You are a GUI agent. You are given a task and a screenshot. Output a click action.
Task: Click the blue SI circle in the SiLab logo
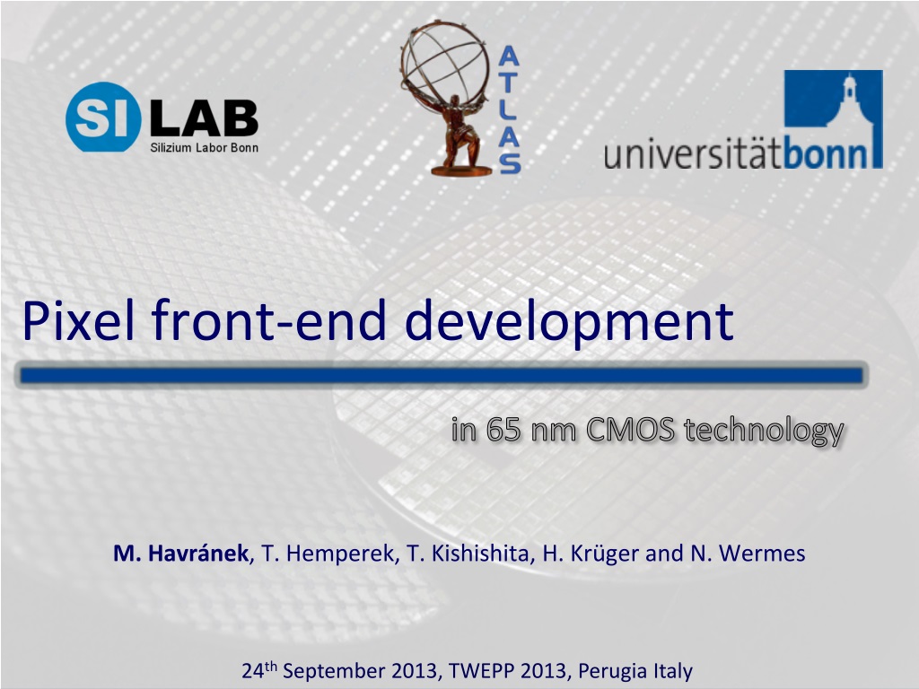click(x=104, y=117)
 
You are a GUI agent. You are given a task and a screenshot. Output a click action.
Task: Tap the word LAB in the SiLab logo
click(x=205, y=118)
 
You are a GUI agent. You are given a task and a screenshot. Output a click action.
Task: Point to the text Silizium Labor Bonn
click(x=204, y=148)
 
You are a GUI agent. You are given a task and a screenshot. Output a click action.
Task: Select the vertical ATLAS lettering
click(x=510, y=110)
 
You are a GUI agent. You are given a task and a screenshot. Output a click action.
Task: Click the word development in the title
click(x=569, y=324)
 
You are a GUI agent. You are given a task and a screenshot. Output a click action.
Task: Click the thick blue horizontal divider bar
click(x=442, y=375)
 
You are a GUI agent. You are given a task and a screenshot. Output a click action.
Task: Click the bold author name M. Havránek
click(x=181, y=553)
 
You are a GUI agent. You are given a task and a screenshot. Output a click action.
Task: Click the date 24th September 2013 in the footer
click(x=340, y=669)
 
